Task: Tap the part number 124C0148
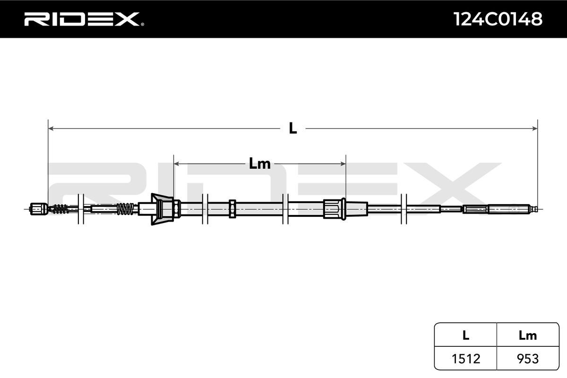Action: [x=498, y=19]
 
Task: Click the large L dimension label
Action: [x=293, y=128]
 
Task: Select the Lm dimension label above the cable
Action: [x=259, y=164]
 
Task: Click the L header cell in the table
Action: [x=465, y=335]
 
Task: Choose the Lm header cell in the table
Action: [x=527, y=335]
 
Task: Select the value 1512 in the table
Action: [x=465, y=359]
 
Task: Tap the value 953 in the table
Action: [x=527, y=359]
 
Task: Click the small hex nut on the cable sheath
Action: [x=232, y=208]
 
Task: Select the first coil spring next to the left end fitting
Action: [x=60, y=208]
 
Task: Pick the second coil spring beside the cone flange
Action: [x=125, y=208]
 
